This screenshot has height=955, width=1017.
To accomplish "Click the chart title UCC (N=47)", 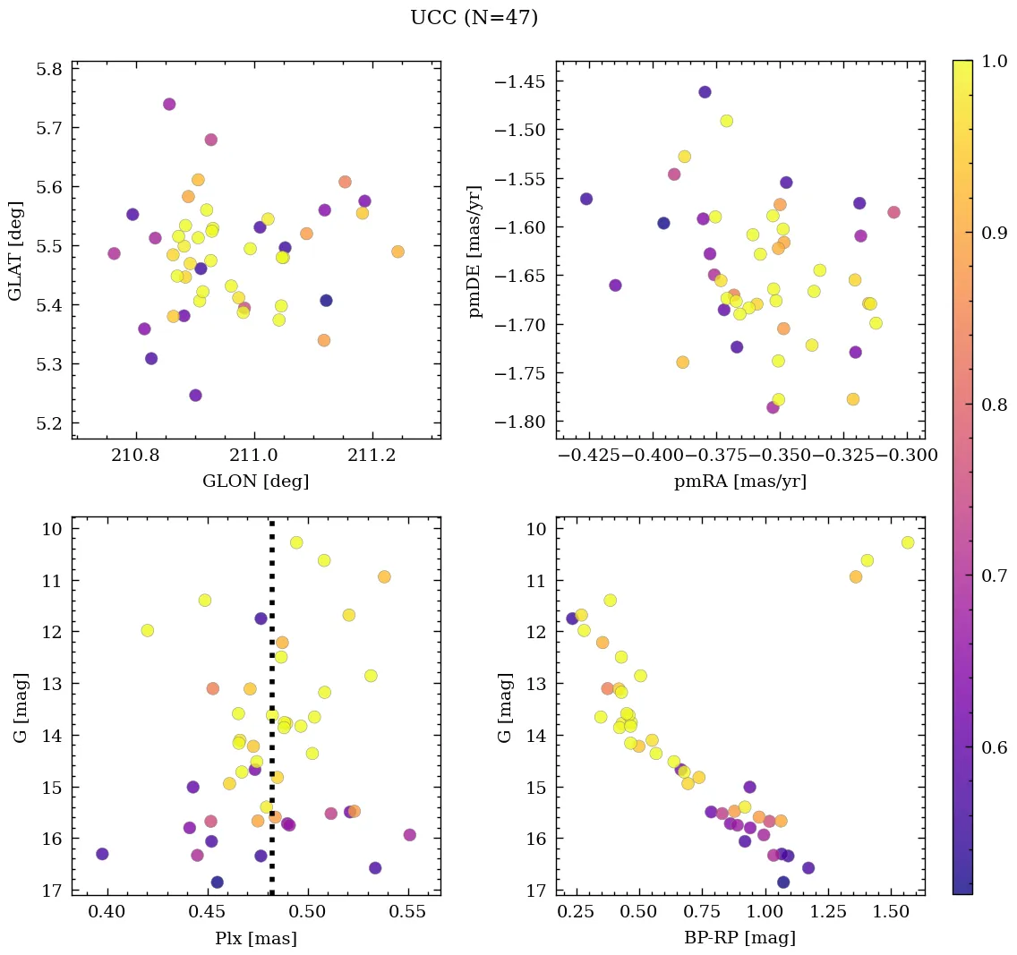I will [x=474, y=18].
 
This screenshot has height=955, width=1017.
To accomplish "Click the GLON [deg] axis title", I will [x=256, y=482].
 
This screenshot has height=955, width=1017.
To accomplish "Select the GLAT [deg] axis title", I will [x=15, y=250].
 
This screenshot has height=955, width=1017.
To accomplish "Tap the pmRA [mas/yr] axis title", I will [x=739, y=482].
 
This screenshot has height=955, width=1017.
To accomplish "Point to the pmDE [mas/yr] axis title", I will [x=476, y=250].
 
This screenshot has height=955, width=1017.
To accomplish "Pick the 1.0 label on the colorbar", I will [x=994, y=61].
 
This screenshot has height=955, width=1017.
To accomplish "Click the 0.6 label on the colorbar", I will [x=994, y=747].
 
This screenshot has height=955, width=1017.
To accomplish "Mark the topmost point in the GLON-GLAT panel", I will [x=169, y=104].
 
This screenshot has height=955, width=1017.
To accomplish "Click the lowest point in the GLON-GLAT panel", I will [x=195, y=396].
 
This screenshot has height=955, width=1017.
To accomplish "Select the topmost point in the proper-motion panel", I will [x=705, y=92].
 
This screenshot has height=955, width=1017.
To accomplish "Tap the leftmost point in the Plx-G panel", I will [x=102, y=854].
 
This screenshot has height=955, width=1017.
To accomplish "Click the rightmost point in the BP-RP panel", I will [x=908, y=542].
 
